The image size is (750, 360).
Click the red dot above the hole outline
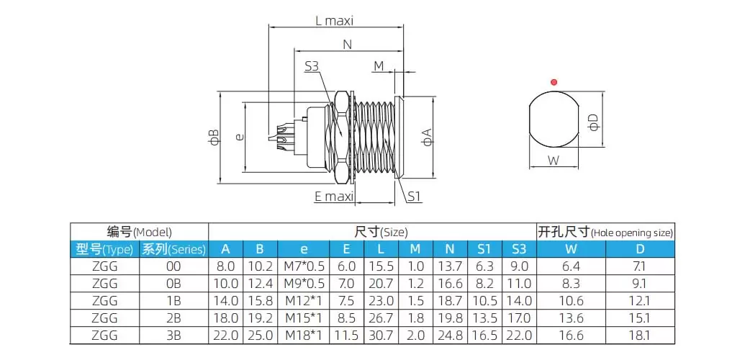pyautogui.click(x=554, y=82)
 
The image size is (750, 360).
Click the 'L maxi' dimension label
pyautogui.click(x=335, y=21)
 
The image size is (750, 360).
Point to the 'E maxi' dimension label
pyautogui.click(x=333, y=196)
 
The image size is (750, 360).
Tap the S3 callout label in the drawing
pyautogui.click(x=312, y=66)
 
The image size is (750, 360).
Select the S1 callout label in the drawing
pyautogui.click(x=414, y=196)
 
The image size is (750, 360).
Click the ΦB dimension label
pyautogui.click(x=213, y=137)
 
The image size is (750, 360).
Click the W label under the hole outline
pyautogui.click(x=554, y=160)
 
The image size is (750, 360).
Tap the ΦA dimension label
pyautogui.click(x=427, y=136)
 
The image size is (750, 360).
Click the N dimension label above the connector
pyautogui.click(x=347, y=45)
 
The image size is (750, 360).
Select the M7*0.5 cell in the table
pyautogui.click(x=303, y=267)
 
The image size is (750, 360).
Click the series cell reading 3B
pyautogui.click(x=173, y=335)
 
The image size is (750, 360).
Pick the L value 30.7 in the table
pyautogui.click(x=381, y=335)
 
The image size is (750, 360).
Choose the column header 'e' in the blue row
pyautogui.click(x=303, y=249)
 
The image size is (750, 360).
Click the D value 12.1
pyautogui.click(x=640, y=301)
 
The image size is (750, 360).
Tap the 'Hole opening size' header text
pyautogui.click(x=632, y=233)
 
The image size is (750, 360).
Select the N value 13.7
pyautogui.click(x=449, y=267)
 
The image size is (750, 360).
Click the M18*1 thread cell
pyautogui.click(x=303, y=335)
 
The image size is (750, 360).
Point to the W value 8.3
pyautogui.click(x=571, y=284)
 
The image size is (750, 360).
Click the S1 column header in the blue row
pyautogui.click(x=484, y=249)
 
